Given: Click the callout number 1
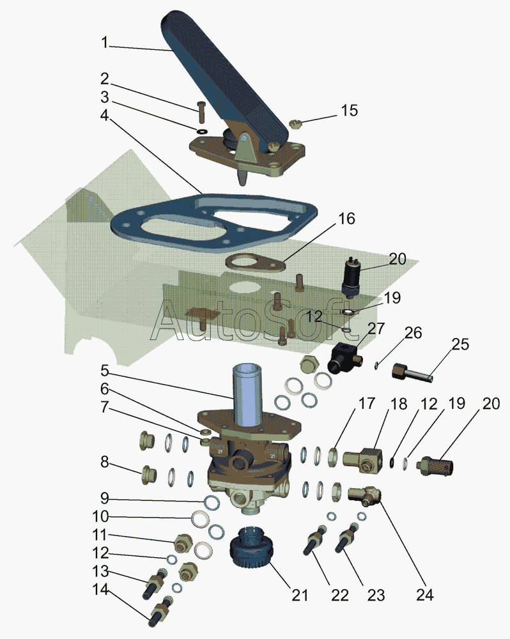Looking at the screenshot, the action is pos(105,42).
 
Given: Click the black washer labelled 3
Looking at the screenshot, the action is pos(202,132).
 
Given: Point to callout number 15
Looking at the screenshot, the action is pos(350,111).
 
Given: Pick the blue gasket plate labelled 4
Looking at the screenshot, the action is pos(214,223).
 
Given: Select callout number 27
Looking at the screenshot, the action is pos(376,328).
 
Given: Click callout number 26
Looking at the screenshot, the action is pos(413,333).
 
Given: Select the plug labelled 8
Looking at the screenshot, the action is pos(148,475).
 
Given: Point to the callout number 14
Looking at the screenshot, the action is pos(101,590).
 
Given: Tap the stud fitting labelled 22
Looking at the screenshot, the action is pos(314,540).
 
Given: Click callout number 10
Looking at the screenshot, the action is pos(100,516).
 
